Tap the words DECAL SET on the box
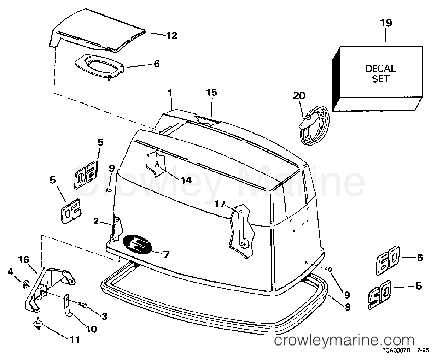pyautogui.click(x=380, y=73)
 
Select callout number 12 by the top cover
pyautogui.click(x=172, y=36)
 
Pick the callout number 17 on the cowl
pyautogui.click(x=220, y=204)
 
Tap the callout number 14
pyautogui.click(x=186, y=180)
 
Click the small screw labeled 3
pyautogui.click(x=82, y=305)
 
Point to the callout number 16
pyautogui.click(x=23, y=260)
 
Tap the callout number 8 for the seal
pyautogui.click(x=347, y=307)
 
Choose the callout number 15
pyautogui.click(x=211, y=92)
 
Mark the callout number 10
pyautogui.click(x=92, y=329)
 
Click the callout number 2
pyautogui.click(x=96, y=221)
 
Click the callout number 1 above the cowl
pyautogui.click(x=170, y=93)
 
